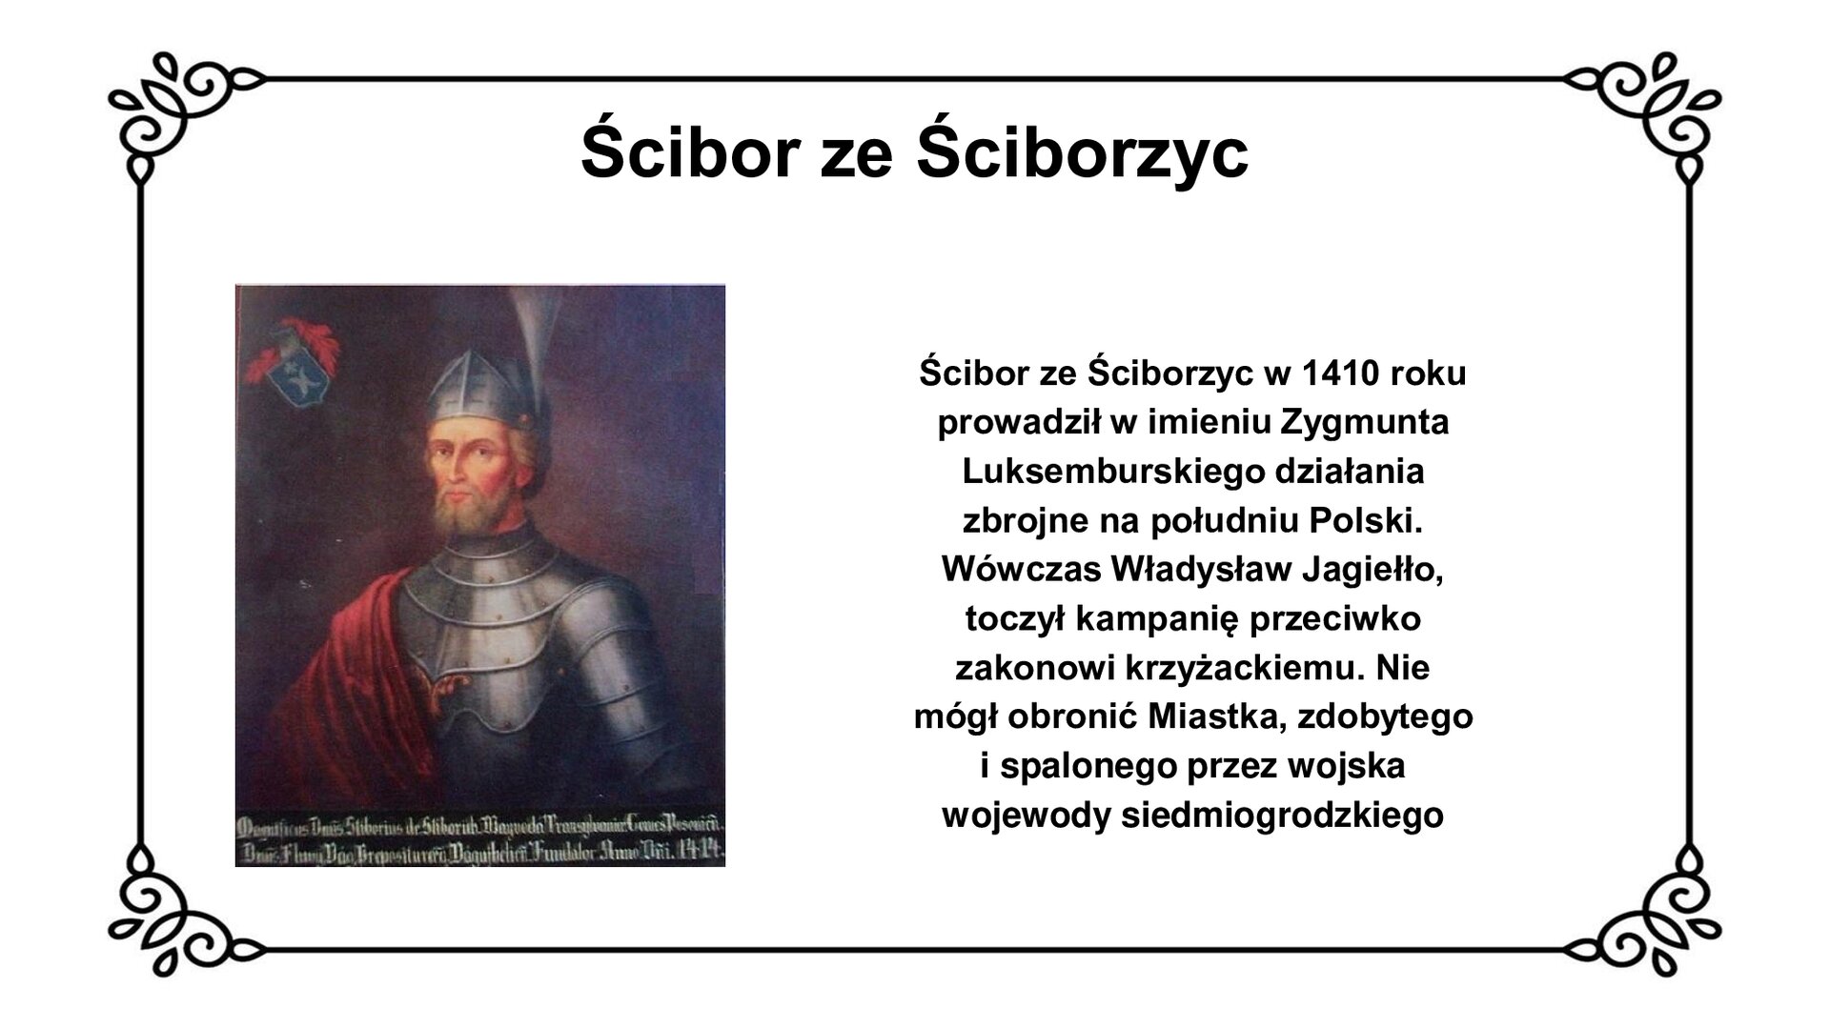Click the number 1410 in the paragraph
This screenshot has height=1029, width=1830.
click(1328, 373)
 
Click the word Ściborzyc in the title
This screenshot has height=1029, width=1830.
click(1081, 153)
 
